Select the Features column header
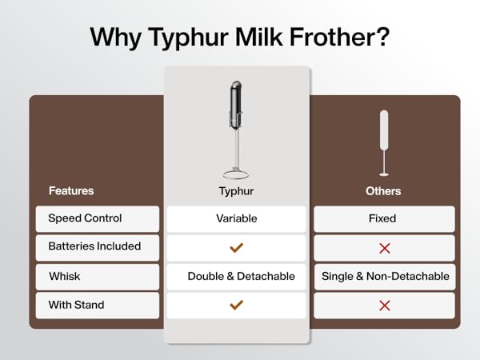click(x=71, y=191)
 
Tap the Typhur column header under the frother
click(x=235, y=191)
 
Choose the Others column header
click(x=383, y=191)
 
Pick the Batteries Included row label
click(x=94, y=247)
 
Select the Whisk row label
click(x=64, y=276)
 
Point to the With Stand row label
click(x=76, y=305)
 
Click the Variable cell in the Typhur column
click(x=235, y=218)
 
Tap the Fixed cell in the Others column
click(x=383, y=218)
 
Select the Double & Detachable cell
click(x=241, y=276)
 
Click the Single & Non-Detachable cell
click(x=385, y=276)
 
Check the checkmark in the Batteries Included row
click(x=236, y=248)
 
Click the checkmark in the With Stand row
click(x=236, y=305)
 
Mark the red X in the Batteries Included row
click(x=384, y=248)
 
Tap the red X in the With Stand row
click(x=384, y=305)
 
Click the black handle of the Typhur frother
click(x=236, y=104)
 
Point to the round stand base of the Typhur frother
click(x=235, y=174)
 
